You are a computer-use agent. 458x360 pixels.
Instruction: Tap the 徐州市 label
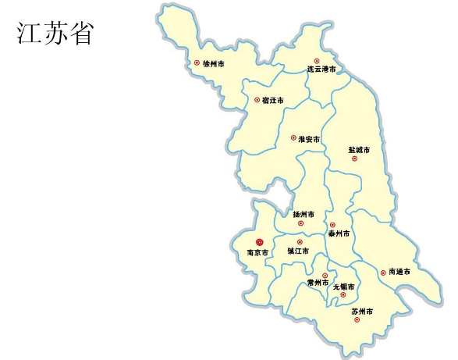coord(214,63)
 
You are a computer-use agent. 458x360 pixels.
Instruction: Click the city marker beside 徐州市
coord(197,62)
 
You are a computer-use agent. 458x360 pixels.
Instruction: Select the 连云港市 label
coord(321,70)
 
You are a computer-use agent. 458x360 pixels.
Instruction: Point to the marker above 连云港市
coord(317,60)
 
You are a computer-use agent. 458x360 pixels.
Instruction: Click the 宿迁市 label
coord(273,101)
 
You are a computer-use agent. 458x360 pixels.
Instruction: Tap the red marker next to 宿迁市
coord(257,100)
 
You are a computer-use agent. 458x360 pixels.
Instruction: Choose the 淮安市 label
coord(310,139)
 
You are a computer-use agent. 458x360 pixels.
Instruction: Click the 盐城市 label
coord(359,149)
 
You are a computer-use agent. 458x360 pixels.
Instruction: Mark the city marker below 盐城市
coord(354,159)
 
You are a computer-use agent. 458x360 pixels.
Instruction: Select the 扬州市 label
coord(304,214)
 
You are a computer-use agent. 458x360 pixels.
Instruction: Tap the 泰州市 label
coord(339,233)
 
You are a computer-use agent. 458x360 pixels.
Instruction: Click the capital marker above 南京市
coord(260,242)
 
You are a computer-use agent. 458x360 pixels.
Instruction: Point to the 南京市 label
coord(257,253)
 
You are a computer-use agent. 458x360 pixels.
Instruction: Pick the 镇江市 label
coord(298,251)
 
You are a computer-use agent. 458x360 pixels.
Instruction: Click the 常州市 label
coord(318,283)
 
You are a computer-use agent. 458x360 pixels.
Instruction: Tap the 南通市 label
coord(399,273)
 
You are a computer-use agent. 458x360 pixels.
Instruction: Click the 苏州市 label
coord(362,312)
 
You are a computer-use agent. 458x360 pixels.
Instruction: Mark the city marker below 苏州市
coord(357,320)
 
